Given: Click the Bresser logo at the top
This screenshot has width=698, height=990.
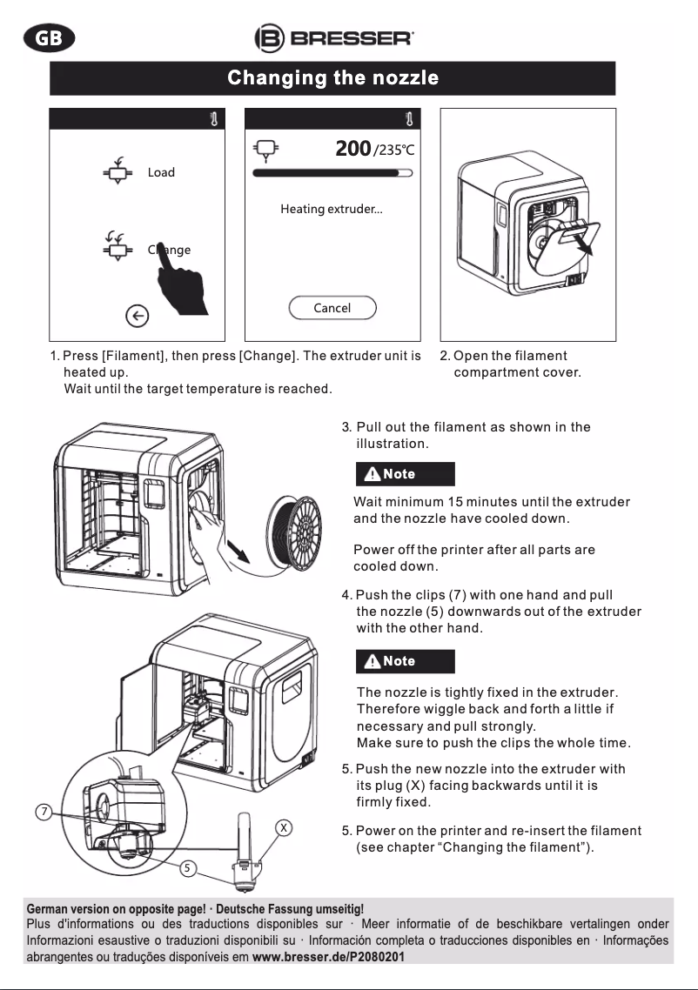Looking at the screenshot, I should click(x=334, y=38).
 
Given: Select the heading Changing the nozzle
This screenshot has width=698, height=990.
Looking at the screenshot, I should click(x=332, y=78).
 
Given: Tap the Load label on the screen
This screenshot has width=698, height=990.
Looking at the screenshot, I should click(x=161, y=172).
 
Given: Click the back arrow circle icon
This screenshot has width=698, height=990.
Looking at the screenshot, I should click(x=137, y=317).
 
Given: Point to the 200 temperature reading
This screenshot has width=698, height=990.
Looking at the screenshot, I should click(x=352, y=149).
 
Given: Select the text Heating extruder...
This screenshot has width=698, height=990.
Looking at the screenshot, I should click(x=332, y=210).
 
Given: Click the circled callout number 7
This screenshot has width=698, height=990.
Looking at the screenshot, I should click(x=44, y=813).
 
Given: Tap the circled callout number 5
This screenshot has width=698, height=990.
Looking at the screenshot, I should click(x=190, y=866).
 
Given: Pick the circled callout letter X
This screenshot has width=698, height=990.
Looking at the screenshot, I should click(x=283, y=827).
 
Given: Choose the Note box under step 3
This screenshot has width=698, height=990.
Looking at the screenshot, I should click(x=404, y=474).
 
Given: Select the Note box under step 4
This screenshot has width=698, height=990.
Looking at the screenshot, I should click(x=405, y=661).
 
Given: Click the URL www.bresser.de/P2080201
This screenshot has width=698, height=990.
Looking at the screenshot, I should click(x=328, y=957).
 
